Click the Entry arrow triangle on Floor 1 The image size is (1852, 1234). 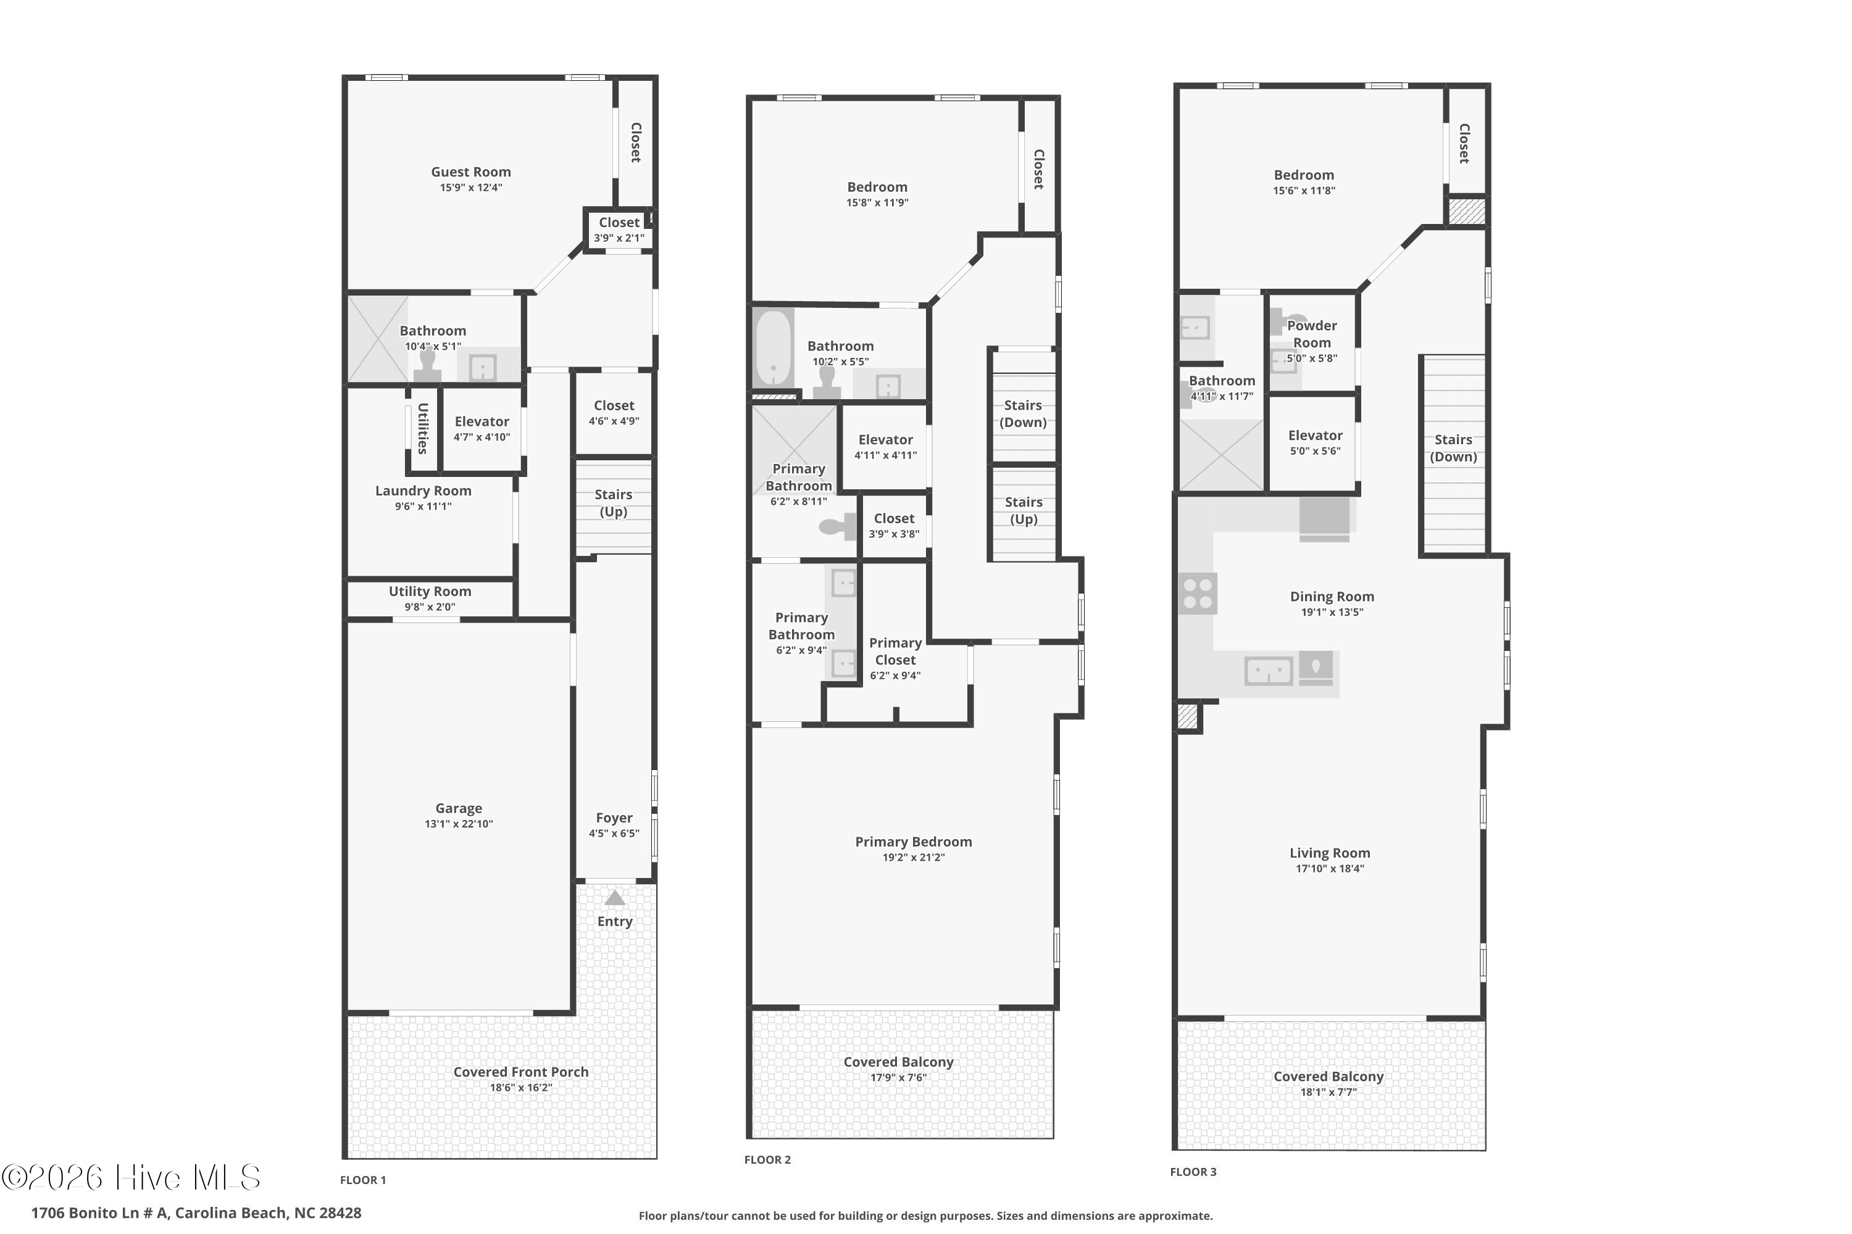(x=614, y=898)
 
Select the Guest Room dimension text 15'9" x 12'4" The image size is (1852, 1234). (x=471, y=188)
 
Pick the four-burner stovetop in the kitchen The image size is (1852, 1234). (x=1197, y=594)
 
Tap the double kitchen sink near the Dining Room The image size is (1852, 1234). (x=1268, y=671)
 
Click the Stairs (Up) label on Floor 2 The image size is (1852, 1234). (x=1024, y=511)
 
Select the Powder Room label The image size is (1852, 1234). (x=1312, y=334)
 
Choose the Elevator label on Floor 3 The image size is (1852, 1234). (x=1315, y=435)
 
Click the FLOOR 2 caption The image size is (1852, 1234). (x=768, y=1159)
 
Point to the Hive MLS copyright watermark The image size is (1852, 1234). (x=131, y=1177)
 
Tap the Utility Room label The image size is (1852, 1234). (x=430, y=591)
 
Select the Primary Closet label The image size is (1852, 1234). (x=895, y=652)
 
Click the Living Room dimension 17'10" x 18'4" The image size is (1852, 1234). (x=1330, y=869)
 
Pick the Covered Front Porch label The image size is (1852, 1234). (x=521, y=1072)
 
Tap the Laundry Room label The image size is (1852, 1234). (x=423, y=491)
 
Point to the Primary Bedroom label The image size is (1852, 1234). (x=914, y=842)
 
